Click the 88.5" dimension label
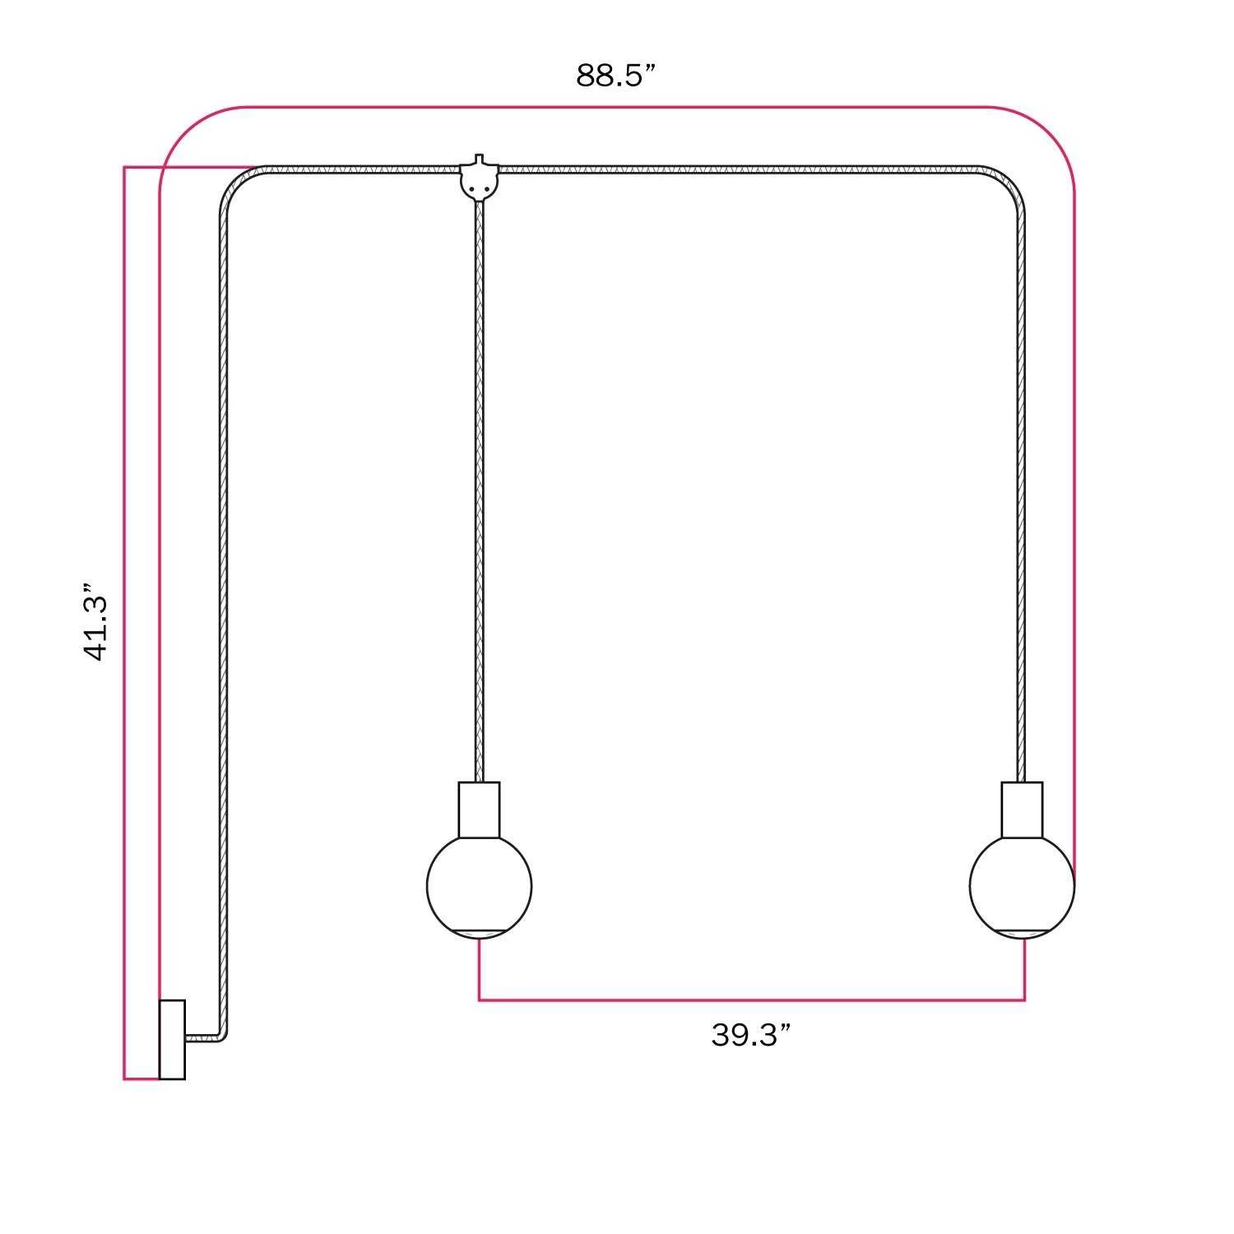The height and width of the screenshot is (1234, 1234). (x=615, y=76)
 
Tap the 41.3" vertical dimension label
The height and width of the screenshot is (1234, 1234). (x=96, y=623)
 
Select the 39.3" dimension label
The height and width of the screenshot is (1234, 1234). (x=751, y=1035)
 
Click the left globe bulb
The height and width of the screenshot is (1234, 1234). (x=479, y=887)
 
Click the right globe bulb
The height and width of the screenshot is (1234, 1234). (x=1023, y=887)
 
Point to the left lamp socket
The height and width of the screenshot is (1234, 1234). (x=479, y=810)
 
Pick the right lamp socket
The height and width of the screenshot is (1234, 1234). (x=1023, y=810)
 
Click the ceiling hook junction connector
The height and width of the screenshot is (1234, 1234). (x=479, y=179)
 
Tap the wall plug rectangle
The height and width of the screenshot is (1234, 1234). (x=172, y=1039)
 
